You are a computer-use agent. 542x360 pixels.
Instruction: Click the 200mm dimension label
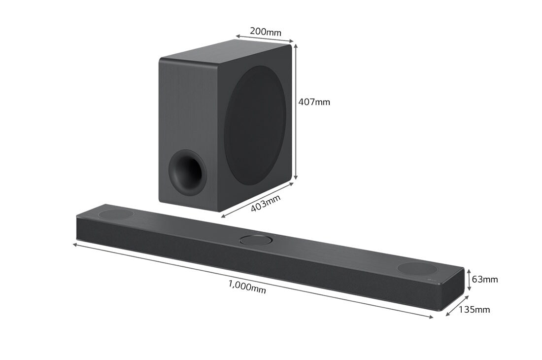point(265,32)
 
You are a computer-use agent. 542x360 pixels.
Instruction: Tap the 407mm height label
point(314,102)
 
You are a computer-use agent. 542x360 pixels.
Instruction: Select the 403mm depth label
point(266,203)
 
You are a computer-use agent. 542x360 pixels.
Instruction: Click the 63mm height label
point(484,280)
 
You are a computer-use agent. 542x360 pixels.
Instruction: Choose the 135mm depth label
point(474,310)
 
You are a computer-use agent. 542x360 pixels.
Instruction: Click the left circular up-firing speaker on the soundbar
point(116,215)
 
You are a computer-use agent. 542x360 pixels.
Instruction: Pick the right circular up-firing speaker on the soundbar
point(417,269)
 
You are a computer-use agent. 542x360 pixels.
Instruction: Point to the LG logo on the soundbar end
point(435,282)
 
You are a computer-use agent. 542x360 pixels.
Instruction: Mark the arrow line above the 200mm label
point(264,39)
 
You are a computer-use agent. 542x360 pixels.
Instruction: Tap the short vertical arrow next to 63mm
point(469,279)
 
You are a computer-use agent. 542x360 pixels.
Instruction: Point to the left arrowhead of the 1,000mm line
point(75,244)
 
